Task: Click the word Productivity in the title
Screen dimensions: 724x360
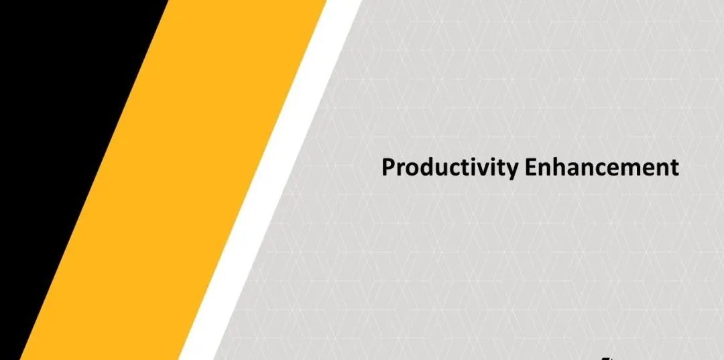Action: [450, 168]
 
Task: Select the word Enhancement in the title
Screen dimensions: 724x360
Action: [601, 167]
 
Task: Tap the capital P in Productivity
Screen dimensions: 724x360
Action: [388, 168]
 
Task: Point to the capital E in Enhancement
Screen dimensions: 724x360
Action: [530, 168]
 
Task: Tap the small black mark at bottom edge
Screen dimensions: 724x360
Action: [609, 358]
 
